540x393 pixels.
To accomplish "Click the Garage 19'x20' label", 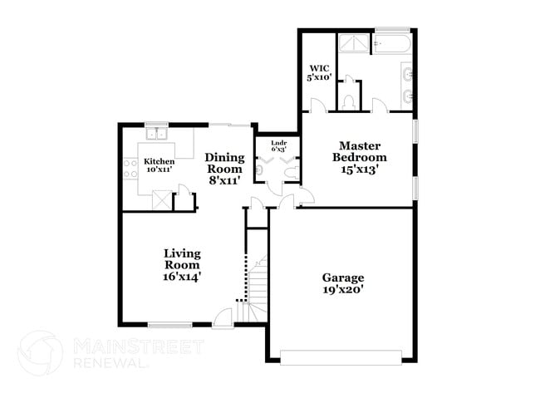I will tap(343, 283).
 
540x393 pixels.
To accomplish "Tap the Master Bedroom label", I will tap(360, 156).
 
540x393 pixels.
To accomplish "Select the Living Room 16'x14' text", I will tap(182, 263).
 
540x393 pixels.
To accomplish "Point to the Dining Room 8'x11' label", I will tap(224, 168).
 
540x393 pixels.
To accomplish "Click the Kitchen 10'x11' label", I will tap(159, 165).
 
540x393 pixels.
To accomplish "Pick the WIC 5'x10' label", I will tap(321, 72).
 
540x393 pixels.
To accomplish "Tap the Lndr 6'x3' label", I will tap(278, 145).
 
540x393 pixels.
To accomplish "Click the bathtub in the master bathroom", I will tap(393, 43).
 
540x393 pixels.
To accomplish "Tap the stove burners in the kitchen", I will tap(130, 169).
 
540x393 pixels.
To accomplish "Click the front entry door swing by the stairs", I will tap(223, 317).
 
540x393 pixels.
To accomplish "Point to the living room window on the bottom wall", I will tap(171, 323).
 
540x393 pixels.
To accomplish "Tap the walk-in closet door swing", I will tap(317, 106).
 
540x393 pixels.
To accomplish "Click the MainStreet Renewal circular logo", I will tap(40, 352).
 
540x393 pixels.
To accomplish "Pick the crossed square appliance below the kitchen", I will tap(162, 200).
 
